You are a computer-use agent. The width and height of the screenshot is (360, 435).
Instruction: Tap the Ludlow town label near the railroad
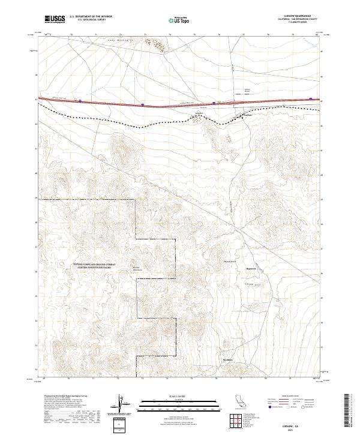coord(240,116)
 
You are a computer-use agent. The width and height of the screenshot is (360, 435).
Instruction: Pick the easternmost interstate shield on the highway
coord(310,99)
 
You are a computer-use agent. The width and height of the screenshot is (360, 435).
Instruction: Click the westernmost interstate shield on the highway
coord(80,101)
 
